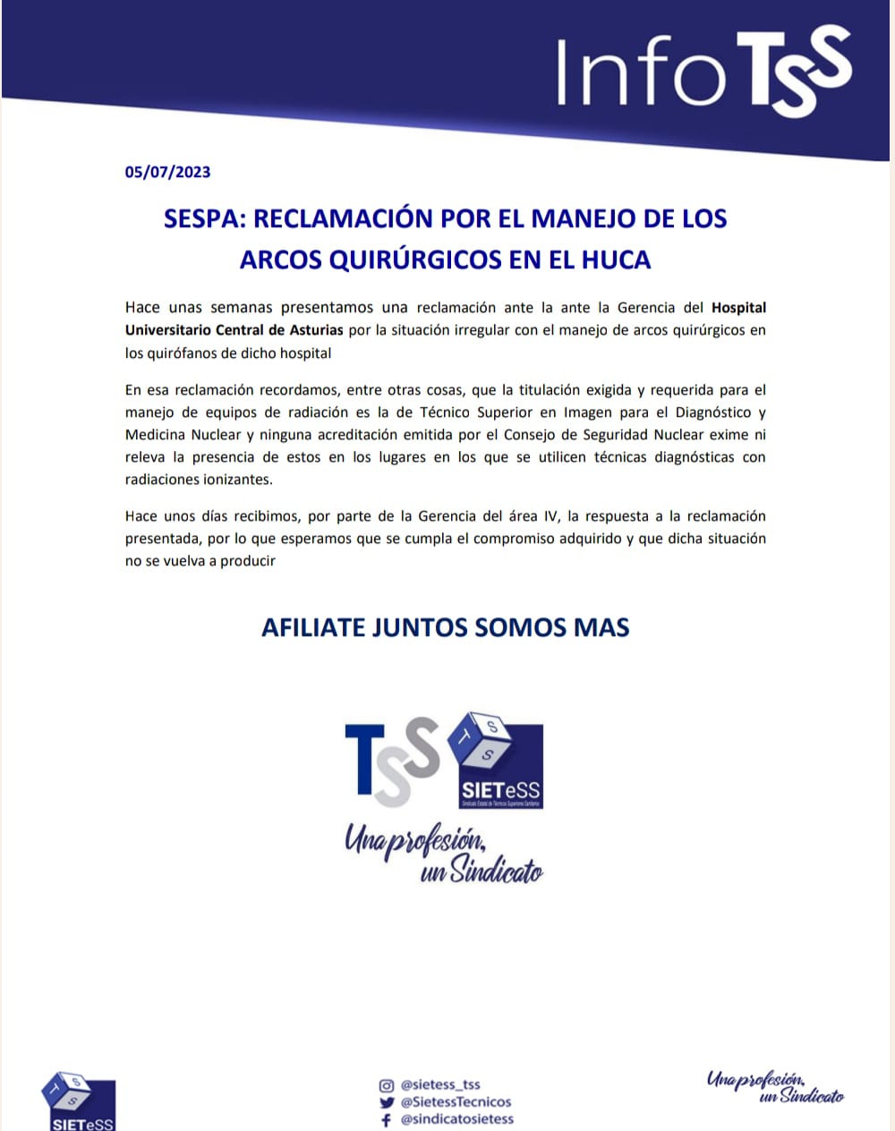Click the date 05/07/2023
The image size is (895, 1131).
pos(167,173)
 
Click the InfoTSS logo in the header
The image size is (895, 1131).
pos(703,72)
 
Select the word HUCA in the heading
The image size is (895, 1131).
pos(616,259)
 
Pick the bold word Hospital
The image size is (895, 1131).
pos(738,308)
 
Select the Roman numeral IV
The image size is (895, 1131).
pos(552,516)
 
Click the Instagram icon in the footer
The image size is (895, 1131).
pos(387,1085)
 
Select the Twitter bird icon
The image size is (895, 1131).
pos(387,1102)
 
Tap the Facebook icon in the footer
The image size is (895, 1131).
pos(387,1119)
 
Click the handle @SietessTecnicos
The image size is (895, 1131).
pos(456,1102)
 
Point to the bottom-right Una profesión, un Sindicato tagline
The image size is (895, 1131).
pos(775,1086)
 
